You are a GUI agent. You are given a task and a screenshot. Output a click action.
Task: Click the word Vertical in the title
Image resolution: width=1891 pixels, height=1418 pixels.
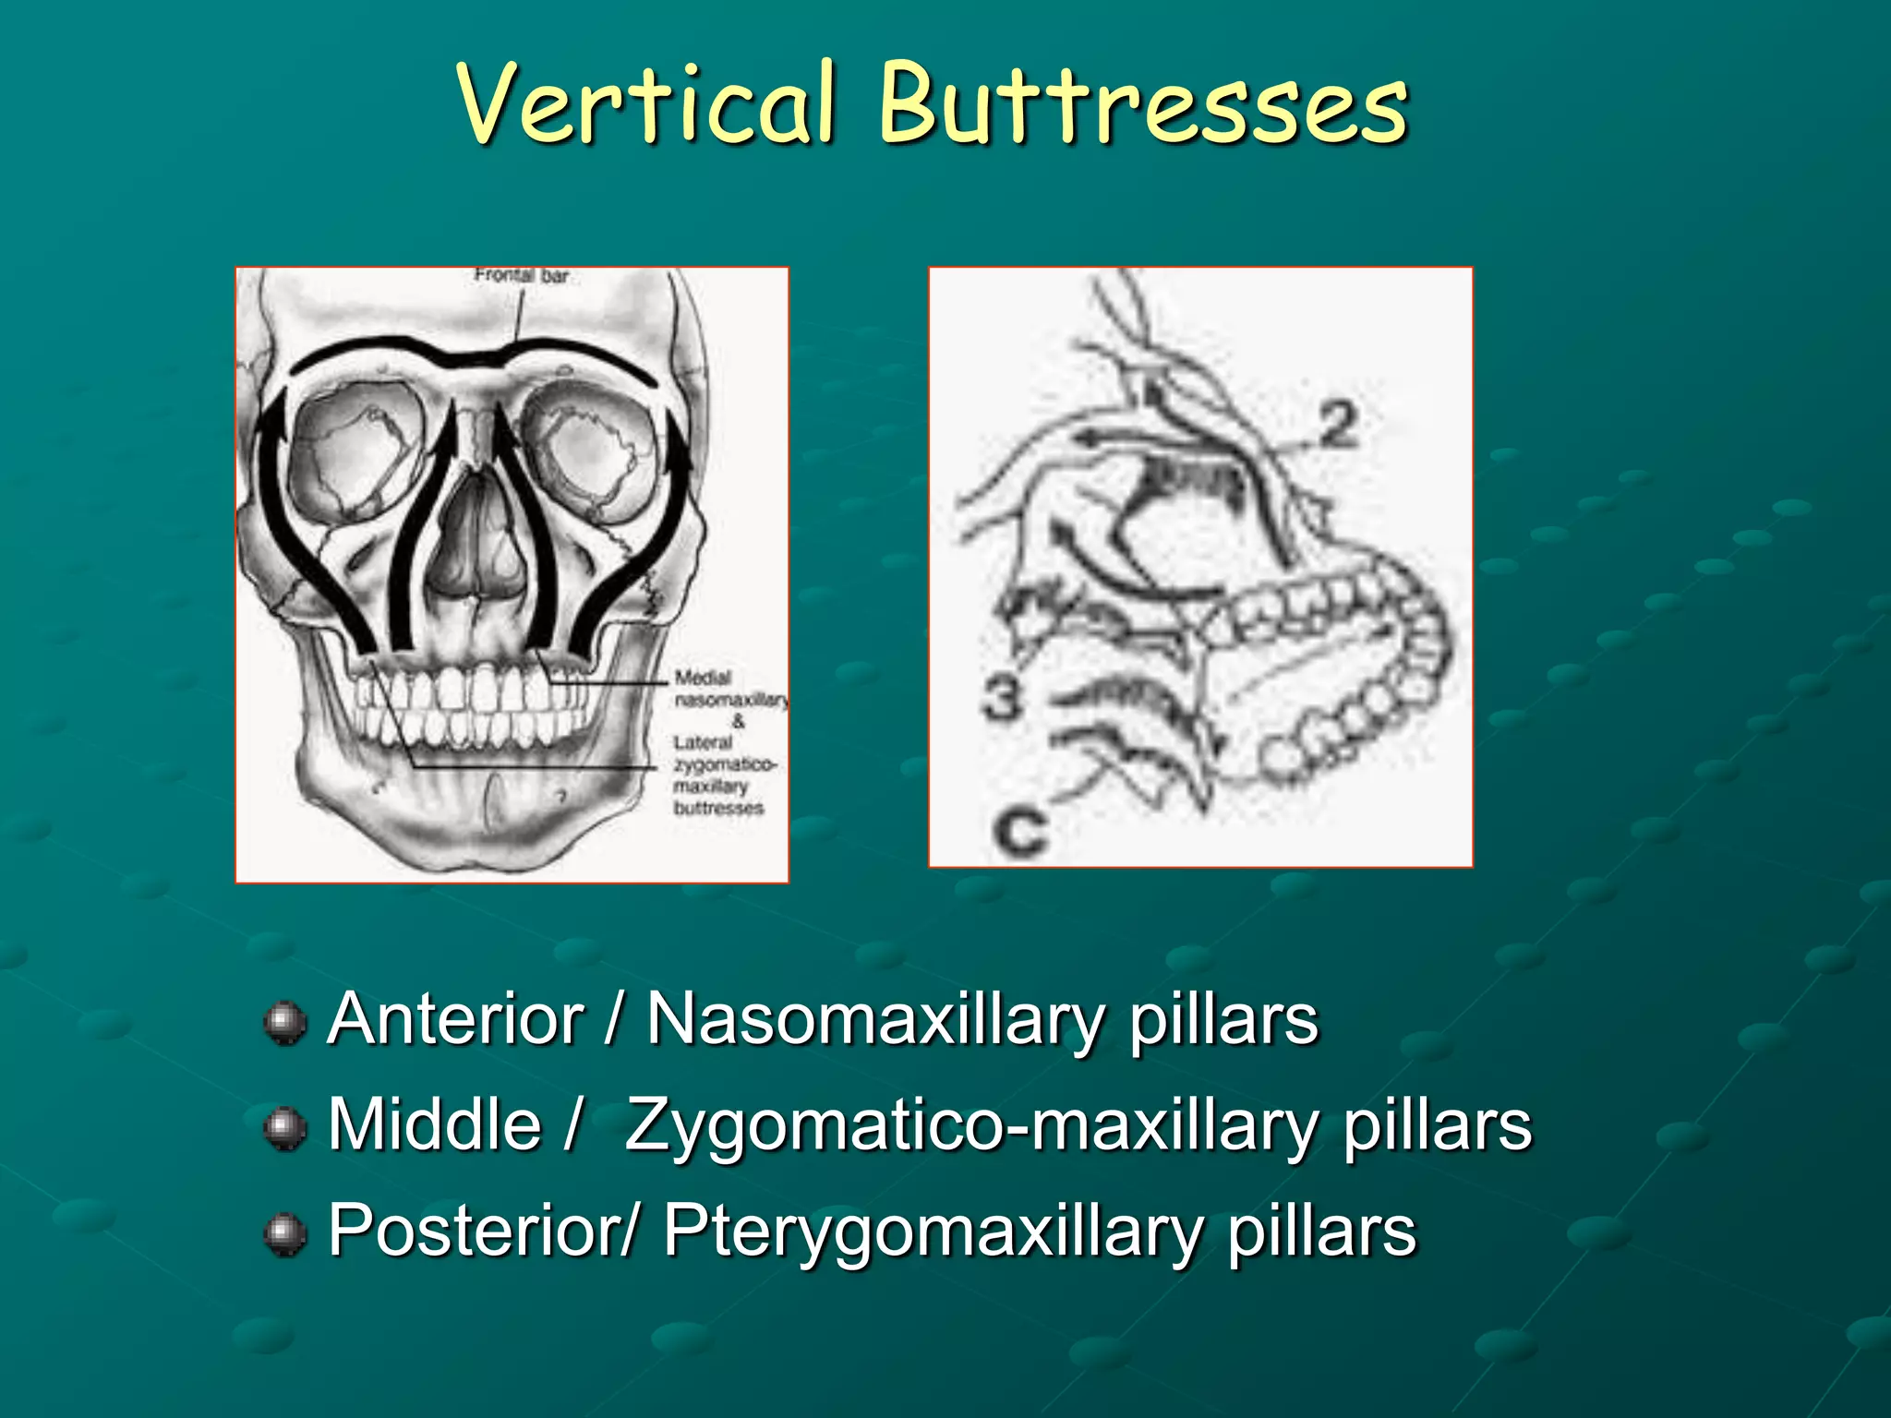pos(646,103)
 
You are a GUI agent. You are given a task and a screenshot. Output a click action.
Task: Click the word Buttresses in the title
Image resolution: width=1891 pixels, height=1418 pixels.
pos(1142,103)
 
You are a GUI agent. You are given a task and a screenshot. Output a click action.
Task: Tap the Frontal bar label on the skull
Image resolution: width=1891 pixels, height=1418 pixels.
pos(522,275)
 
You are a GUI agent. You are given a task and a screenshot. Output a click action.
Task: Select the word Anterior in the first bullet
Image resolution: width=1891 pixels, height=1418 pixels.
pos(455,1019)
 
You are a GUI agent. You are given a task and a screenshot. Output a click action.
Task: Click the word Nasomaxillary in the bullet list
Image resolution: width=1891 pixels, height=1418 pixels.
pos(874,1021)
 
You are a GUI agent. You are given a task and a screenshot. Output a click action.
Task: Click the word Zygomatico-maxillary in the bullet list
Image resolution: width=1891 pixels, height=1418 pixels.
pos(970,1126)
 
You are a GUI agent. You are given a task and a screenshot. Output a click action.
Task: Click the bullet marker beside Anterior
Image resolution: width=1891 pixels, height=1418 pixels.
pos(285,1023)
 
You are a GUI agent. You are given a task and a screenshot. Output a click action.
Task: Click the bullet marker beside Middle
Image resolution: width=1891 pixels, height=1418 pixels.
pos(285,1128)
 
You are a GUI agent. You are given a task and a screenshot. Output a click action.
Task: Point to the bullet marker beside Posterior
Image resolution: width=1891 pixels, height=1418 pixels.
pos(285,1234)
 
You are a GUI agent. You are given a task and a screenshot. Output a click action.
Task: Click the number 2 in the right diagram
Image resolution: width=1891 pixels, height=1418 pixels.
pos(1338,426)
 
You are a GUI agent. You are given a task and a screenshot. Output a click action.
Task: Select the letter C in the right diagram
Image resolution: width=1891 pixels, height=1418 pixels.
pos(1021,830)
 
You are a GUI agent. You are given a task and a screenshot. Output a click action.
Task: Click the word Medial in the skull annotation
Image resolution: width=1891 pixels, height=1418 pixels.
pos(703,679)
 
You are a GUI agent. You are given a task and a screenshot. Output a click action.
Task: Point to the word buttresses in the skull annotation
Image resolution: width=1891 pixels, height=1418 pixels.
pos(718,809)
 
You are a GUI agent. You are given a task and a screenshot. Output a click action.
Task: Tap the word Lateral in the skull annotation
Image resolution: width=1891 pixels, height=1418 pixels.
pos(703,743)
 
